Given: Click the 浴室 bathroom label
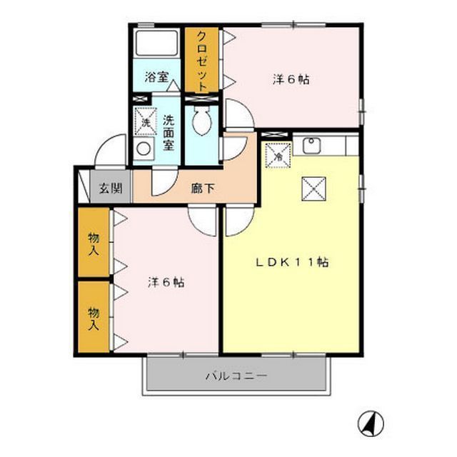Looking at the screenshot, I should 156,78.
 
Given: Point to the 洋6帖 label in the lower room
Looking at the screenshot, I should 166,282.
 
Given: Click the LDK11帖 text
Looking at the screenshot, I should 293,262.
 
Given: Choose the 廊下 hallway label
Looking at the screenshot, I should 201,190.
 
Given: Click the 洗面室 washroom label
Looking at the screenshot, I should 169,132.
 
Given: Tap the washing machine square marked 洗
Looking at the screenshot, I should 146,121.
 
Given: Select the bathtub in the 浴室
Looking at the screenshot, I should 156,47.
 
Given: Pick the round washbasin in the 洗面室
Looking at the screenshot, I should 144,150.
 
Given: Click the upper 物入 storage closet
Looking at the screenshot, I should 94,243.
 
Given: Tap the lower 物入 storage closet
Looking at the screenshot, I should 94,316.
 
